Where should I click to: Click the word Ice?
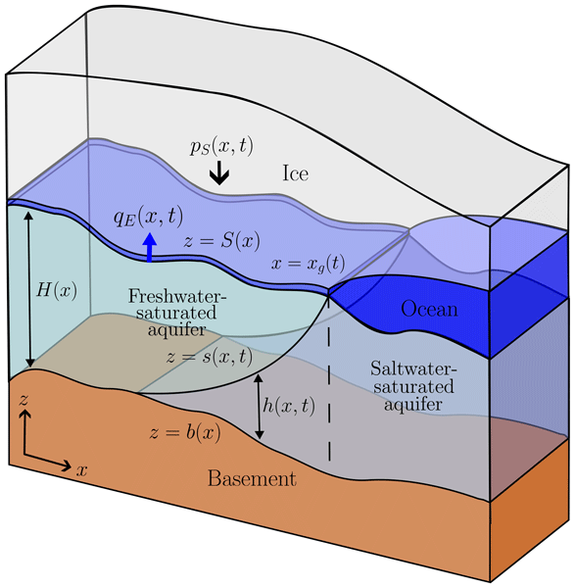pyautogui.click(x=296, y=173)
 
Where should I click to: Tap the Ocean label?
pyautogui.click(x=429, y=310)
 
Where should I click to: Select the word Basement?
pyautogui.click(x=252, y=478)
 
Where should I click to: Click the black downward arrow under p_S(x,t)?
pyautogui.click(x=219, y=173)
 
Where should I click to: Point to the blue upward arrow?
pyautogui.click(x=150, y=247)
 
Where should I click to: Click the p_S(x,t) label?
pyautogui.click(x=221, y=145)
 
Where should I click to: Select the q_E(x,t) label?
pyautogui.click(x=149, y=217)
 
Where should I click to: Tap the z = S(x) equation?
pyautogui.click(x=221, y=241)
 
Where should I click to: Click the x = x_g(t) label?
pyautogui.click(x=308, y=264)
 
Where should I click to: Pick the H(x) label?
pyautogui.click(x=57, y=290)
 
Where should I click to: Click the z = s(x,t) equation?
pyautogui.click(x=210, y=357)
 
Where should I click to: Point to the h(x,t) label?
pyautogui.click(x=289, y=405)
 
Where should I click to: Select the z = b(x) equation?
pyautogui.click(x=185, y=432)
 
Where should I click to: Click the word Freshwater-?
pyautogui.click(x=177, y=296)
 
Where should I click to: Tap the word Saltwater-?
pyautogui.click(x=413, y=368)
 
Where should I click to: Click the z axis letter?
pyautogui.click(x=24, y=400)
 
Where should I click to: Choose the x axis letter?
pyautogui.click(x=82, y=469)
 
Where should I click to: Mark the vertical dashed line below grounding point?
pyautogui.click(x=329, y=378)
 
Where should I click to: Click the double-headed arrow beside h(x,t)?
pyautogui.click(x=259, y=406)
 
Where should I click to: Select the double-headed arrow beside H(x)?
pyautogui.click(x=29, y=289)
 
